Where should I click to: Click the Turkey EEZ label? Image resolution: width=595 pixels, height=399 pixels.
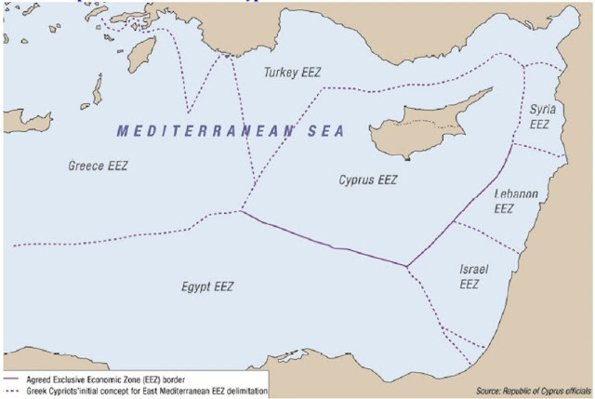pos(292,72)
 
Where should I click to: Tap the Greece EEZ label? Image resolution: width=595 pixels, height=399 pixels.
pos(98,166)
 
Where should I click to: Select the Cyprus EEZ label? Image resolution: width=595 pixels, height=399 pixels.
pos(367,180)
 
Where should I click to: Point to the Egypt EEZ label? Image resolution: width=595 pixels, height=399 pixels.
pos(206,286)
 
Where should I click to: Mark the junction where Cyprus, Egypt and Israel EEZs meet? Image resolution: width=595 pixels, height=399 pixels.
pos(406,268)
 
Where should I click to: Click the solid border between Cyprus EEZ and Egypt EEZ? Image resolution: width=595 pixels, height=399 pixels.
pos(325,243)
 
